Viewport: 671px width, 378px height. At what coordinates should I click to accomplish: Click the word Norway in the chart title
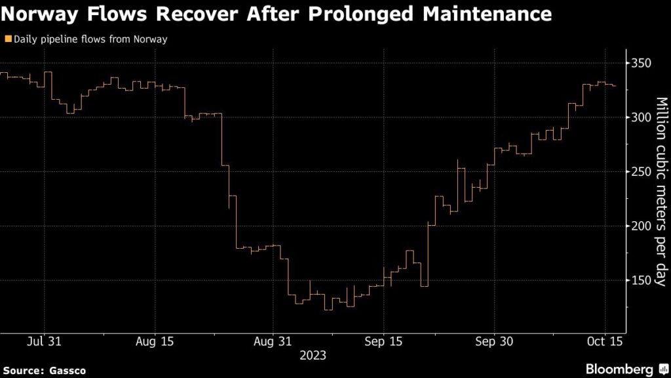(x=43, y=13)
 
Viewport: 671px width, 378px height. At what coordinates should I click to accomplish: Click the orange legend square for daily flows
(x=7, y=39)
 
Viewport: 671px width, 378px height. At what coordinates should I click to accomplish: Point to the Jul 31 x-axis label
(x=45, y=341)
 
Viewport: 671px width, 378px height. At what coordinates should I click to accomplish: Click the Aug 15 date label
(x=155, y=341)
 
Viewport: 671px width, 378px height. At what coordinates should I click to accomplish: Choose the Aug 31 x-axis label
(x=272, y=341)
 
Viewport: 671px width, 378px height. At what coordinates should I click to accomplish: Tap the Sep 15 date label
(x=383, y=341)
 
